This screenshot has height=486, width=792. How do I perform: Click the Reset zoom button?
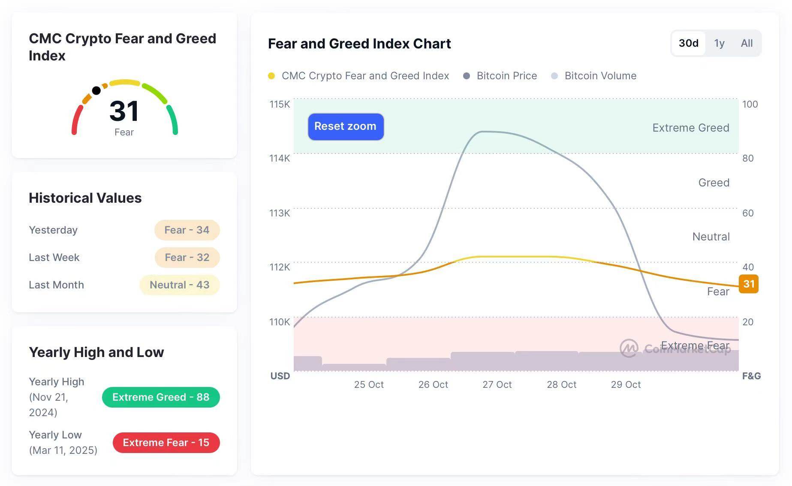(346, 126)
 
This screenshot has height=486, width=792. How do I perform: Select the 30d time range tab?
(688, 43)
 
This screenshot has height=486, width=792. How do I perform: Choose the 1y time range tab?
(719, 43)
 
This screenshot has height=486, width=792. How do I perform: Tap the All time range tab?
(747, 43)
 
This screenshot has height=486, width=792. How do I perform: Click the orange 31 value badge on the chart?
(749, 284)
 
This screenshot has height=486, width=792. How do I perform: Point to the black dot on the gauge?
(96, 90)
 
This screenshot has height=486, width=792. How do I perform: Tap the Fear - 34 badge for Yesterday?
(187, 230)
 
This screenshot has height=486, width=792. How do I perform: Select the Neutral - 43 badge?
(179, 285)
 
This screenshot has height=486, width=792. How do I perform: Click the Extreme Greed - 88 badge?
(161, 397)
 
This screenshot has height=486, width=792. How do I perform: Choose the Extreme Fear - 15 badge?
(166, 443)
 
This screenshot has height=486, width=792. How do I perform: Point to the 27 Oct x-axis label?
(497, 384)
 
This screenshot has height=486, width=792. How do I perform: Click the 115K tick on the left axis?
(280, 104)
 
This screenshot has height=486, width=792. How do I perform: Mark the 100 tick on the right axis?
(750, 104)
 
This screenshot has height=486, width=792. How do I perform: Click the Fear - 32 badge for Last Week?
(187, 258)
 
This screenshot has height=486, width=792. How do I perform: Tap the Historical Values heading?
(85, 198)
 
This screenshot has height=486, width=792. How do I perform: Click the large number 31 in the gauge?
(124, 111)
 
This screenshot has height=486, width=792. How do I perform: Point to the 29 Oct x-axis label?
(626, 384)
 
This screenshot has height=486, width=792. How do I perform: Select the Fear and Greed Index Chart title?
(359, 44)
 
